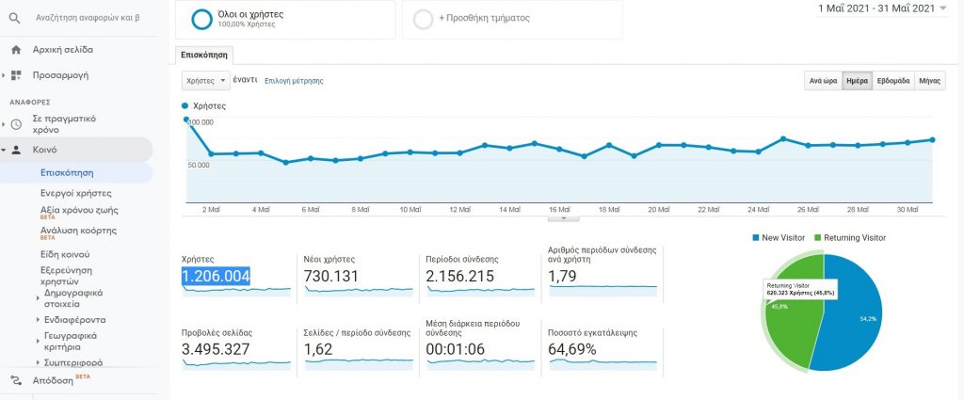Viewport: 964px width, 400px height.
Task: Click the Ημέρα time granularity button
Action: click(x=857, y=81)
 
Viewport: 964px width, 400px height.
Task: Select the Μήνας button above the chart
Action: click(x=930, y=81)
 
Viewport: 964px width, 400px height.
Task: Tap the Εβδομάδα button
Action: click(x=893, y=81)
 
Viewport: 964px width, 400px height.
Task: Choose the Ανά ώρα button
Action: click(x=823, y=81)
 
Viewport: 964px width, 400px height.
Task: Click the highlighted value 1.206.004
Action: click(x=216, y=276)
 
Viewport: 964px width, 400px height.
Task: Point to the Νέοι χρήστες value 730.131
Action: click(x=338, y=276)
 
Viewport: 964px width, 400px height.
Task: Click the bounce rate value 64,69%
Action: click(x=582, y=349)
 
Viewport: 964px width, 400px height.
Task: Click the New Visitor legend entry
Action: click(x=779, y=238)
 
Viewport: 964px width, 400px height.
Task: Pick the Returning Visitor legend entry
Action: click(x=853, y=238)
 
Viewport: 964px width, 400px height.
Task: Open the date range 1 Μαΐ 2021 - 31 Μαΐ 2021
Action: click(x=877, y=8)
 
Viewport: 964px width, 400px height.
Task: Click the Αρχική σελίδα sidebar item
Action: click(x=62, y=49)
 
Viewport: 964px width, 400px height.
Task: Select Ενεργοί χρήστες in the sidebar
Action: click(x=76, y=192)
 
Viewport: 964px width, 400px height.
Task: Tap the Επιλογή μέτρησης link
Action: click(x=294, y=81)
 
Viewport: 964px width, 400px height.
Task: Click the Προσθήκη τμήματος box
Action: click(x=511, y=19)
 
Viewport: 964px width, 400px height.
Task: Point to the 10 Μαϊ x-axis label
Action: click(x=410, y=210)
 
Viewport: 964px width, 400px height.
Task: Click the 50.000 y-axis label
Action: click(x=199, y=165)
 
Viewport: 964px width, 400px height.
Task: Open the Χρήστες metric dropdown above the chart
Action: click(x=205, y=81)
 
